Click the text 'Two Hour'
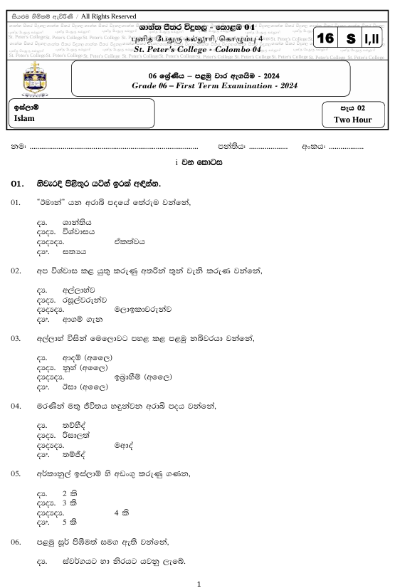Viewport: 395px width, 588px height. coord(354,120)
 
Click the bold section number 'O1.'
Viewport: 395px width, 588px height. coord(19,184)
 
